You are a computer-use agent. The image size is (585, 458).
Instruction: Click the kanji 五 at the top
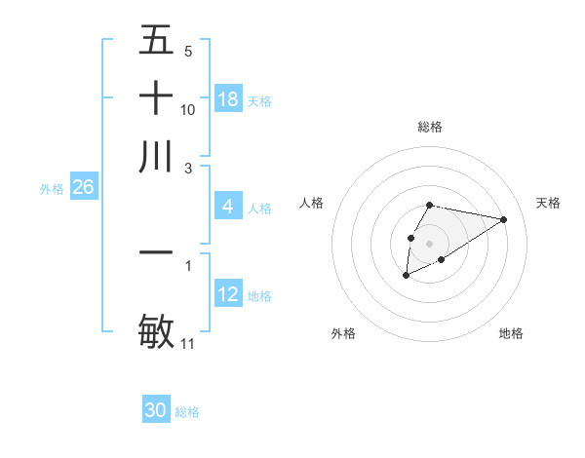click(156, 40)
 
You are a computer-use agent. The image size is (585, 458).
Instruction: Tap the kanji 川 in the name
click(156, 157)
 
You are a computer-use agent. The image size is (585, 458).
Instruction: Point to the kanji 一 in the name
click(156, 252)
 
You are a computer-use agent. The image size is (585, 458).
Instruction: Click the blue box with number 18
click(228, 99)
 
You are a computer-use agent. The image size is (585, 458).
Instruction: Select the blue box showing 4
click(228, 207)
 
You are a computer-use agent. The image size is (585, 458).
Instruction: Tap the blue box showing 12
click(228, 294)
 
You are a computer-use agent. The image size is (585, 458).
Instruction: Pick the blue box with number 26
click(83, 187)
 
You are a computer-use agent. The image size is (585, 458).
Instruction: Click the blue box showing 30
click(156, 411)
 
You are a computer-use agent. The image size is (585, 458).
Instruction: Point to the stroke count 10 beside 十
click(188, 109)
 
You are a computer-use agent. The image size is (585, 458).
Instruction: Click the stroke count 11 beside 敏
click(188, 343)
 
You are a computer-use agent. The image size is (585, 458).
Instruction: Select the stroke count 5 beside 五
click(188, 51)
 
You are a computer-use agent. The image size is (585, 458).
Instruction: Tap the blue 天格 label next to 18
click(259, 100)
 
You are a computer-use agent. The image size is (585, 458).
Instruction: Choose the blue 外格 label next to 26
click(52, 188)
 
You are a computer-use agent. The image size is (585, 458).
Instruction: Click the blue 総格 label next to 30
click(187, 412)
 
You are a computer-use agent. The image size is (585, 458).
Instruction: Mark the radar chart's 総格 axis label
click(430, 127)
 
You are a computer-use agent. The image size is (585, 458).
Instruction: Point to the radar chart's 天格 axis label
click(548, 203)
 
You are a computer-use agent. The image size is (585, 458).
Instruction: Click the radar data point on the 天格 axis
click(504, 218)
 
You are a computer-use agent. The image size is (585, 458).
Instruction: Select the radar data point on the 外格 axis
click(407, 277)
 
